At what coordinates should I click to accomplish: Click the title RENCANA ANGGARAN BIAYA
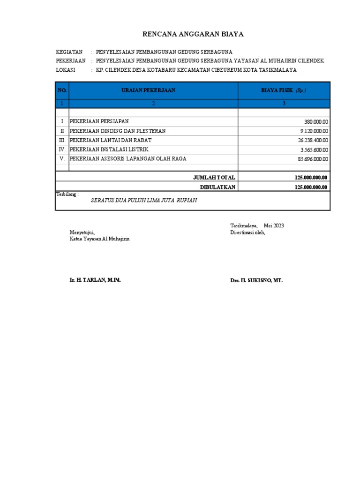click(x=193, y=34)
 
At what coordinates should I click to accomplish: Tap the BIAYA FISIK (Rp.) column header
click(x=284, y=90)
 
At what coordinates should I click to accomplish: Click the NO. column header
click(x=62, y=90)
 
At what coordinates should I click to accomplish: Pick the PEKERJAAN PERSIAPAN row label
click(x=99, y=121)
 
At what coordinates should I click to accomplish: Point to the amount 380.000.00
click(x=316, y=122)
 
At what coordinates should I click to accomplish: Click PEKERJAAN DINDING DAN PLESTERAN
click(x=118, y=131)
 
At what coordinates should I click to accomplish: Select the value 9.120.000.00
click(x=314, y=131)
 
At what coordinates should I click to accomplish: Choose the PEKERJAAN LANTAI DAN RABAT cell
click(x=111, y=140)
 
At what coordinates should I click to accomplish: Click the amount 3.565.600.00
click(x=314, y=150)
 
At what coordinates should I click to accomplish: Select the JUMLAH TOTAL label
click(x=214, y=178)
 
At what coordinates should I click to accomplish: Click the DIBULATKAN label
click(x=217, y=187)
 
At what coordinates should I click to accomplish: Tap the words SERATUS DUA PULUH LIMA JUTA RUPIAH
click(x=143, y=200)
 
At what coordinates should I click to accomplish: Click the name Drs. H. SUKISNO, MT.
click(x=256, y=280)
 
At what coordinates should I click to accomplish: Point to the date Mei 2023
click(x=274, y=226)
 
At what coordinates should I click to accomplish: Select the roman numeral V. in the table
click(x=62, y=159)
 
